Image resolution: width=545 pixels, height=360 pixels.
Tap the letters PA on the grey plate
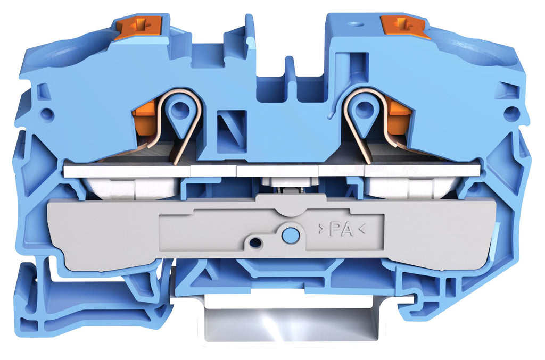(x=342, y=229)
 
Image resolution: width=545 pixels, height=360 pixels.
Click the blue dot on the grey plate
(x=290, y=235)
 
